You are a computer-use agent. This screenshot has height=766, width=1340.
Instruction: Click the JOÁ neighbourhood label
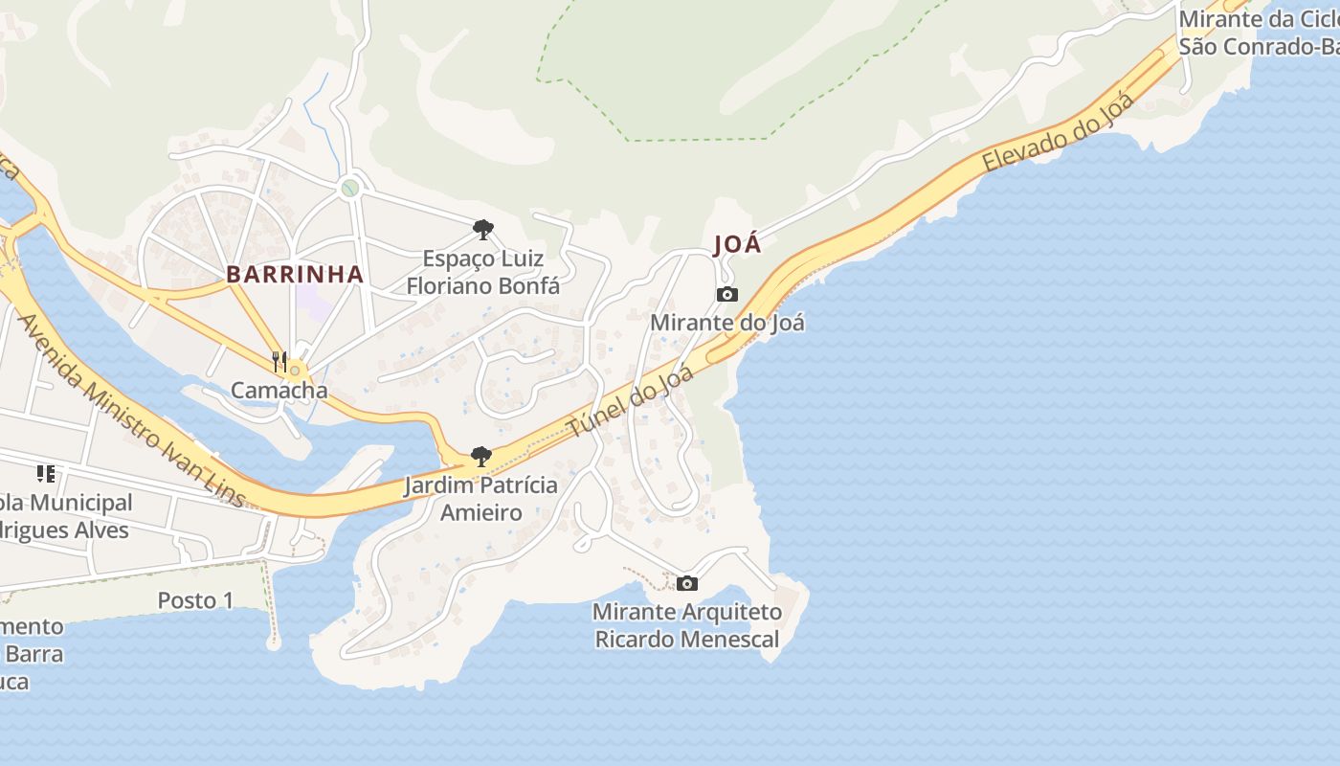738,244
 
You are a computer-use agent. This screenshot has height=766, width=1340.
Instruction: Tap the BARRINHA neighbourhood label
295,274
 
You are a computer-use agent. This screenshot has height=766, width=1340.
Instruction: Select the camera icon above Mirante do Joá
727,294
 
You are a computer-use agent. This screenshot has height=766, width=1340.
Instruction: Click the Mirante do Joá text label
727,323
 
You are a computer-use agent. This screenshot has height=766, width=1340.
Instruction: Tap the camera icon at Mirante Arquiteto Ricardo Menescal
686,583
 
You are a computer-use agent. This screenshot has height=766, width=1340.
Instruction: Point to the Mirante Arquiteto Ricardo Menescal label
687,625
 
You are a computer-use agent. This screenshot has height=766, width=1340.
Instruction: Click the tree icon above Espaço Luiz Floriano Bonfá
482,229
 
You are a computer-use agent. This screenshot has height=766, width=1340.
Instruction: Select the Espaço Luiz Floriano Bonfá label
483,272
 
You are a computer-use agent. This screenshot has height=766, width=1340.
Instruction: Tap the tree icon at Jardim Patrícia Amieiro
481,457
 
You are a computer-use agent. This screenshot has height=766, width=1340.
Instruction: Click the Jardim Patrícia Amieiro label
481,498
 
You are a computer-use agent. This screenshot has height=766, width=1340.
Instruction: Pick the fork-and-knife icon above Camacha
279,361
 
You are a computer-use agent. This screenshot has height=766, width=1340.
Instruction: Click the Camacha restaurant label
279,390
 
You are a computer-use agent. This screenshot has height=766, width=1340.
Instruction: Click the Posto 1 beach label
195,600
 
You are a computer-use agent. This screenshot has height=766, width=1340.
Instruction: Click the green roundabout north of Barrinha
350,188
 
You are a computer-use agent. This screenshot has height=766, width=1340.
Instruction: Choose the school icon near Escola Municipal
45,473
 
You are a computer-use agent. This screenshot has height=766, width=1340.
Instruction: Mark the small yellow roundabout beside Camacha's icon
296,370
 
